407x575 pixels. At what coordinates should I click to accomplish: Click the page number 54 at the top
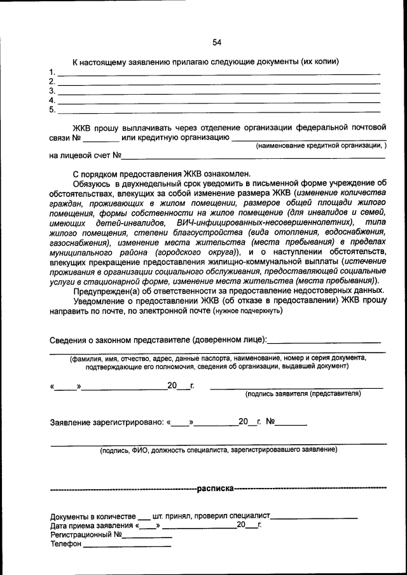coord(217,43)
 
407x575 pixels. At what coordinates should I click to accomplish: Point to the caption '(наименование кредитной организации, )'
coord(321,146)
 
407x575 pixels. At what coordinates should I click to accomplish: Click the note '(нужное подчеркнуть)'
coord(248,311)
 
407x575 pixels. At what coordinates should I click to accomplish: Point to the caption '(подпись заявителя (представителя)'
coord(303,394)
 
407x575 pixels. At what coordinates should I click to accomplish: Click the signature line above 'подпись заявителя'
coord(297,386)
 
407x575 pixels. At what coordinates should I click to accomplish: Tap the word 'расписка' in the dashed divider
coord(215,489)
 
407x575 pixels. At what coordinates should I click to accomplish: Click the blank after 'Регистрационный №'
coord(148,537)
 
